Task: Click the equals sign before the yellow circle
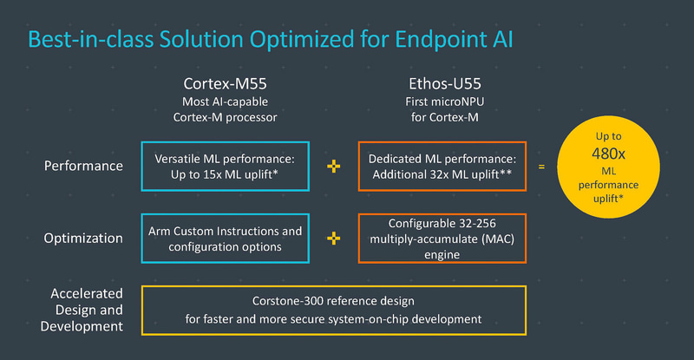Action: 542,166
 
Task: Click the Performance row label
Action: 83,166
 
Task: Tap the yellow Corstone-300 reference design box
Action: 333,310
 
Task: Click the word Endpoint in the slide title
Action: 442,40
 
